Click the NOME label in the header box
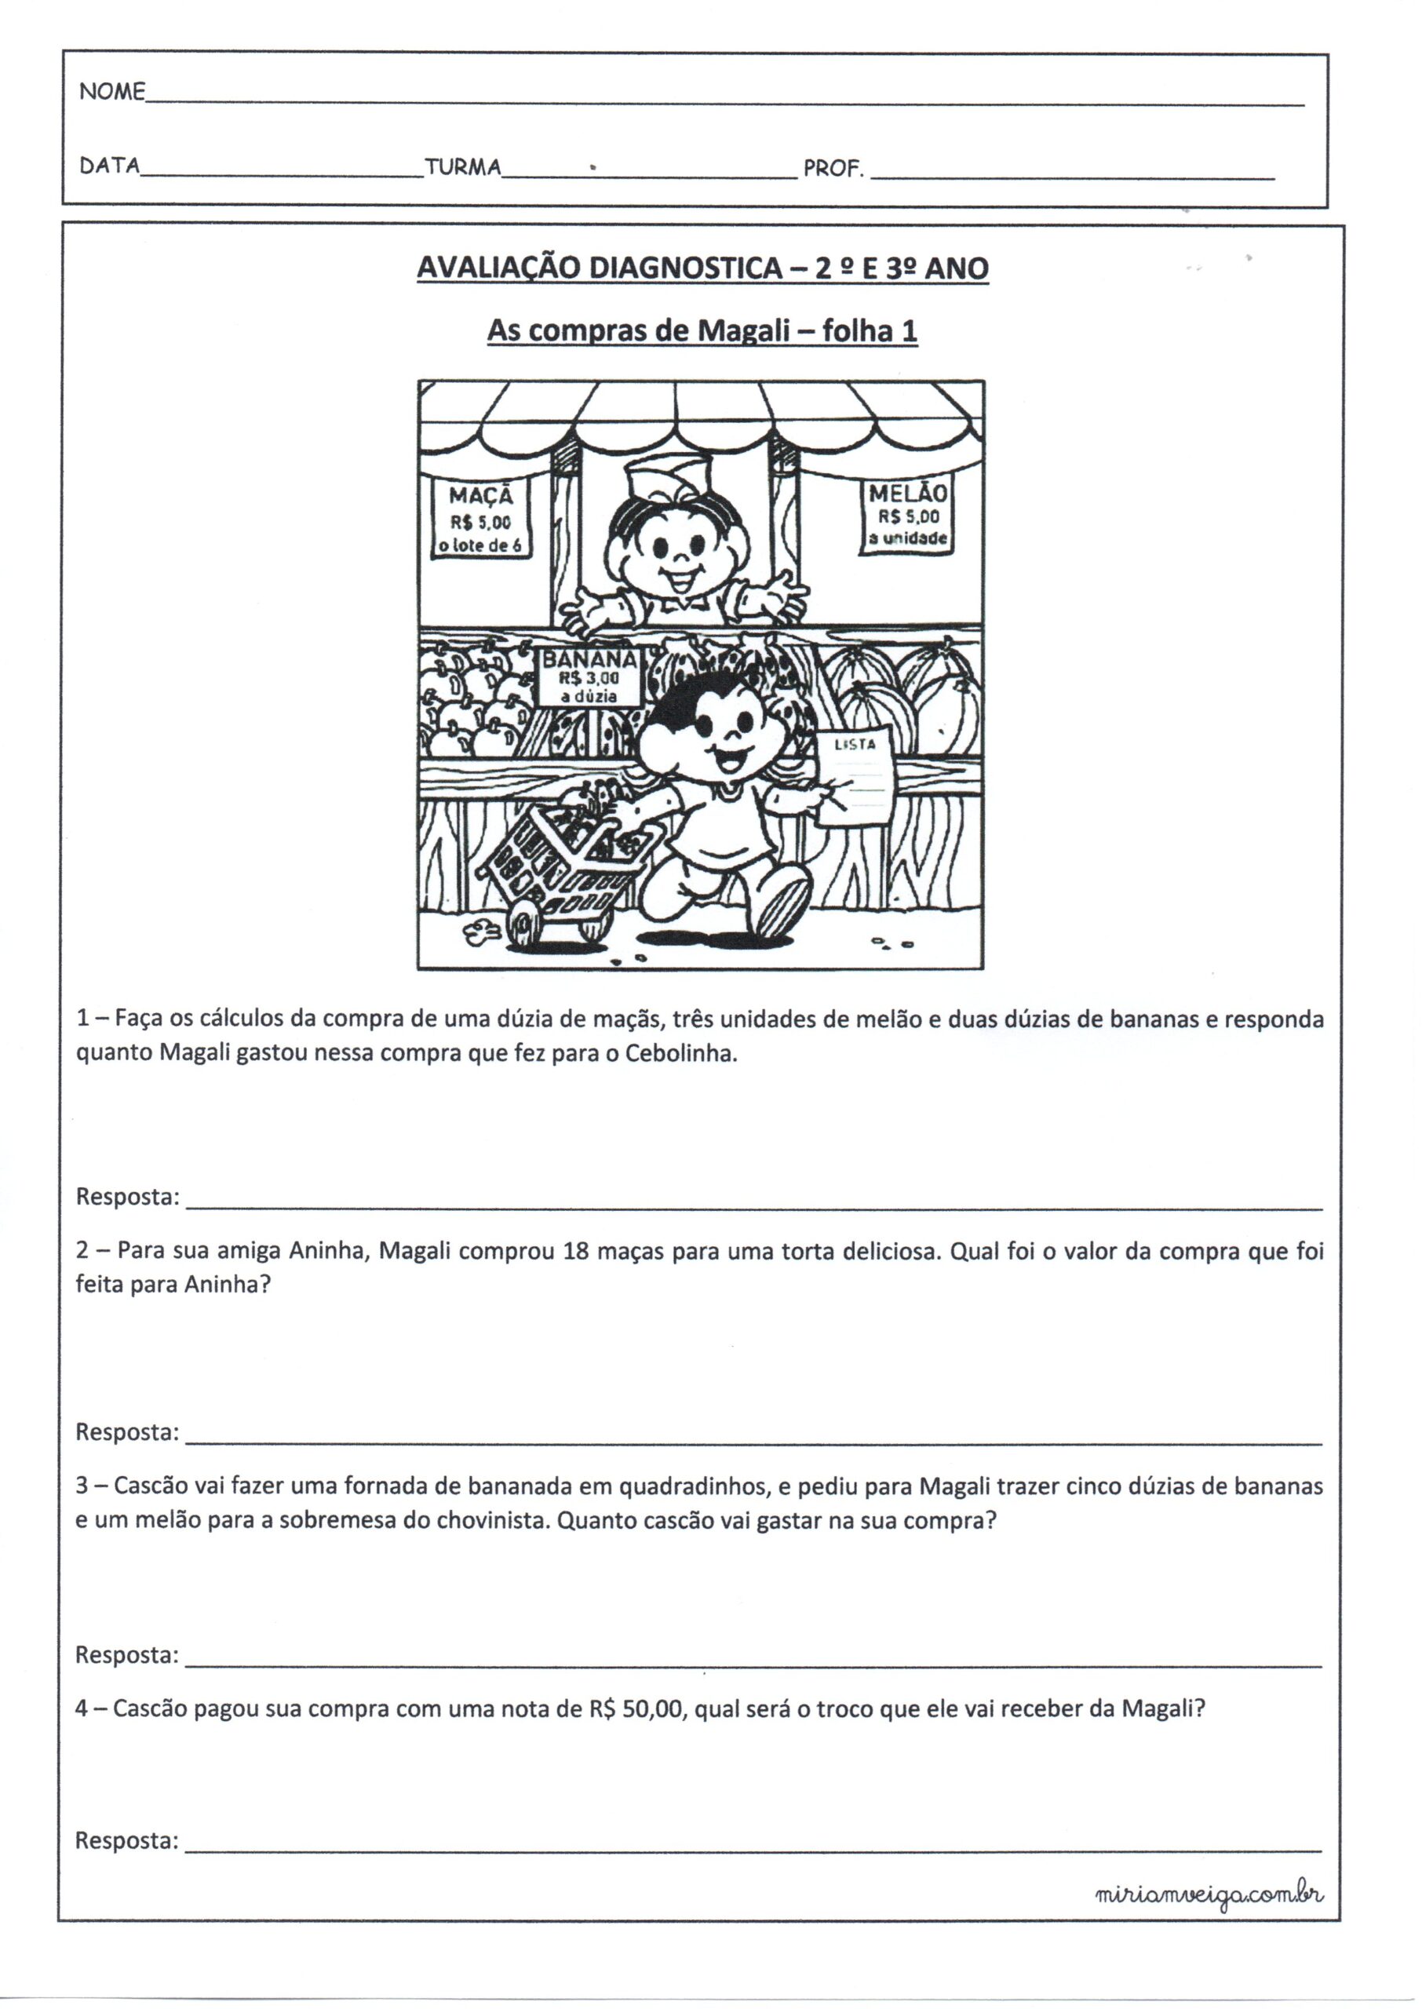(x=112, y=92)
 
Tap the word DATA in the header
(x=109, y=166)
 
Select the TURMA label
(x=462, y=166)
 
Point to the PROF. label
(x=833, y=168)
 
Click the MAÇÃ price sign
(x=481, y=520)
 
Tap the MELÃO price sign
(x=906, y=516)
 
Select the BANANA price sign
(x=589, y=676)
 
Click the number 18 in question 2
(x=575, y=1251)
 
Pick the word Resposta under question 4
(x=127, y=1840)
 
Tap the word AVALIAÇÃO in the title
(x=498, y=268)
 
